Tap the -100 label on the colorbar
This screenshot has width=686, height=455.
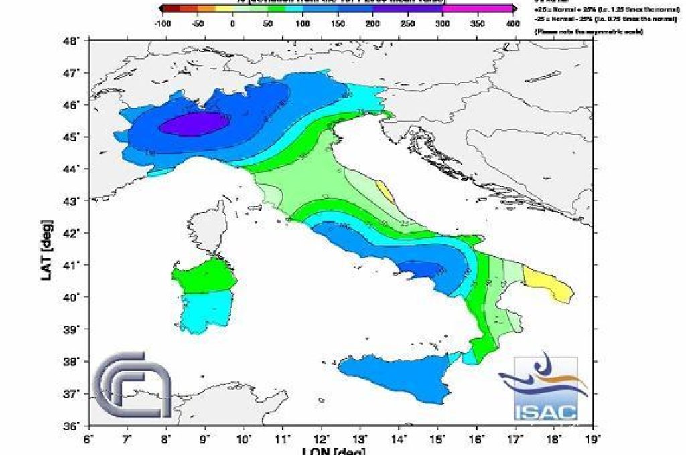[161, 23]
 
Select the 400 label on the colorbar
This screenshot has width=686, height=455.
[512, 23]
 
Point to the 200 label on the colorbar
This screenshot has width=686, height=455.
[372, 23]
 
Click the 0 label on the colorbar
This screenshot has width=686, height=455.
[232, 23]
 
